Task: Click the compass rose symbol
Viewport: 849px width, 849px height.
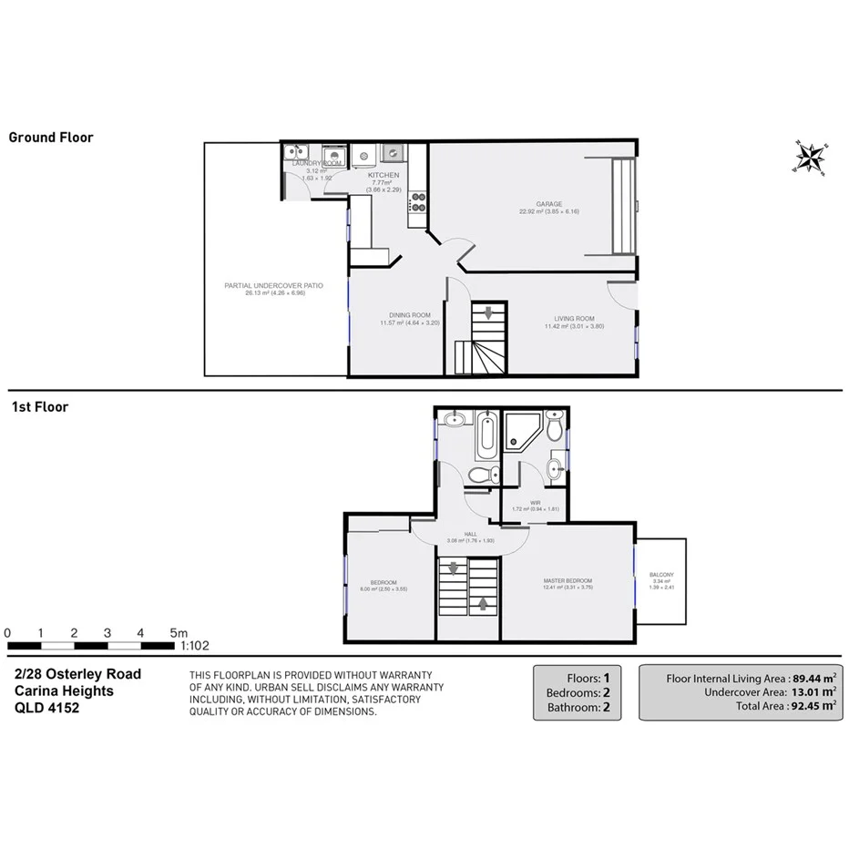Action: (x=808, y=157)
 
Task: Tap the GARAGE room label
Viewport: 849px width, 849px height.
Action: (x=548, y=204)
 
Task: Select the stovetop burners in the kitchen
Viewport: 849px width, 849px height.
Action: (x=418, y=201)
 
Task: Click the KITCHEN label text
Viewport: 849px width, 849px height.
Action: (x=384, y=174)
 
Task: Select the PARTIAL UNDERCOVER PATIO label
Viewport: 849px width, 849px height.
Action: (x=273, y=285)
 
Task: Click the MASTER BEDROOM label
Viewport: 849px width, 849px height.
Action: (x=568, y=581)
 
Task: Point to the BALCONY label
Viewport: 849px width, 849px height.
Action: (x=661, y=575)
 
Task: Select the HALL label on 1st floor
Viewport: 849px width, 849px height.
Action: (x=470, y=534)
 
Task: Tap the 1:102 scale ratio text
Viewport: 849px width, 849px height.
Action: (x=195, y=645)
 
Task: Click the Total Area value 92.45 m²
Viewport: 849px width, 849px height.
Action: (x=811, y=705)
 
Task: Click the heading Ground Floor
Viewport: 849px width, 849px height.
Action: (x=51, y=138)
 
